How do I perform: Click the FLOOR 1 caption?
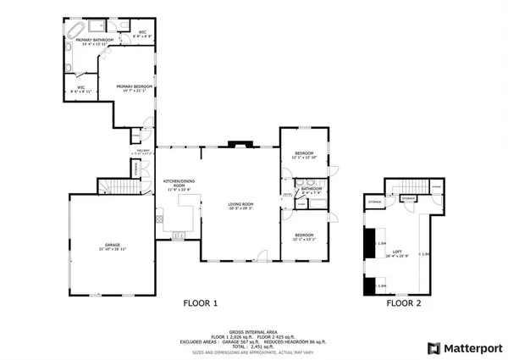tap(201, 303)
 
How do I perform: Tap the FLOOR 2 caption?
tap(404, 303)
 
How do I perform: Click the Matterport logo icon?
tap(433, 347)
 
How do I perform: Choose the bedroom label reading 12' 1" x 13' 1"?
tap(304, 236)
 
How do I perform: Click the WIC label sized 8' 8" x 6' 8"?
tap(143, 36)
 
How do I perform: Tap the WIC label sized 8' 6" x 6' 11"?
tap(81, 89)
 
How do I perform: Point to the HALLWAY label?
tap(140, 152)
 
